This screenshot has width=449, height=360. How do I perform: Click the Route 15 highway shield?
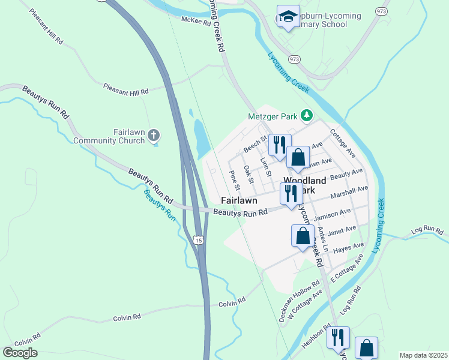(198, 240)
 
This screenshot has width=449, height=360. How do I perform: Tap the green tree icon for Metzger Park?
(307, 115)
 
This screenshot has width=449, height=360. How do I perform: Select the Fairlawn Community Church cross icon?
(154, 135)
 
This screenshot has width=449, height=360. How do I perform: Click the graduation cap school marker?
(288, 17)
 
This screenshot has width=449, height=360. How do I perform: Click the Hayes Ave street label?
(349, 247)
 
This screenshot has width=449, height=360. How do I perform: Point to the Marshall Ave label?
(350, 192)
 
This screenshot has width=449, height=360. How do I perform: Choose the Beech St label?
(255, 145)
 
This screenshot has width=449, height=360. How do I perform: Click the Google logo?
(20, 353)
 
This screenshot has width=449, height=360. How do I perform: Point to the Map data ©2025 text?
(423, 355)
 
